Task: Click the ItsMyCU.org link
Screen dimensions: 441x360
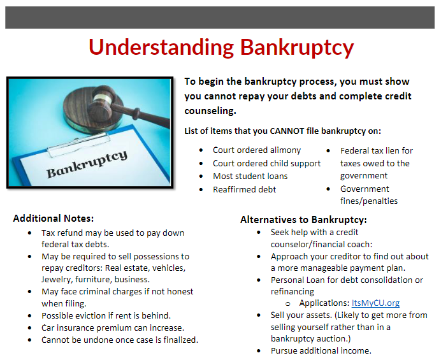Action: (x=375, y=303)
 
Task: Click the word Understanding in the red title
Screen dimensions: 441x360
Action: (x=161, y=47)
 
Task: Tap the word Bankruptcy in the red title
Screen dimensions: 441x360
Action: (x=297, y=48)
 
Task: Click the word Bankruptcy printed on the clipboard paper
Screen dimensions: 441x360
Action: (x=87, y=164)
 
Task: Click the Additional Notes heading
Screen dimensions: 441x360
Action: (x=54, y=219)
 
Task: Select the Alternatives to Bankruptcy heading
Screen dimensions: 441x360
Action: (x=303, y=220)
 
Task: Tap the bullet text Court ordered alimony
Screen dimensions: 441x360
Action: (x=257, y=150)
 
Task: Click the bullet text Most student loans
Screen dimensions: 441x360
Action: (x=250, y=176)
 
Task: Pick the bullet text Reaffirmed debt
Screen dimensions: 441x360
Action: (x=245, y=189)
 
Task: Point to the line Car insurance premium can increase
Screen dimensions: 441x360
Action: (x=113, y=328)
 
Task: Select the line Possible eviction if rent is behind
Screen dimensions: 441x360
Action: (x=106, y=315)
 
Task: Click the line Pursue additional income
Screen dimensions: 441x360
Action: (x=321, y=350)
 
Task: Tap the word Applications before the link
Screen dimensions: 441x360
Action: (x=324, y=303)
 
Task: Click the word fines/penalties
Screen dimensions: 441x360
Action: (x=369, y=201)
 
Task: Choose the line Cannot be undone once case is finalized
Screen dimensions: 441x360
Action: (x=120, y=340)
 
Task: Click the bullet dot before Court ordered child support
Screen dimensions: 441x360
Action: (x=201, y=163)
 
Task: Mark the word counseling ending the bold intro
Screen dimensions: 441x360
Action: (x=210, y=111)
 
